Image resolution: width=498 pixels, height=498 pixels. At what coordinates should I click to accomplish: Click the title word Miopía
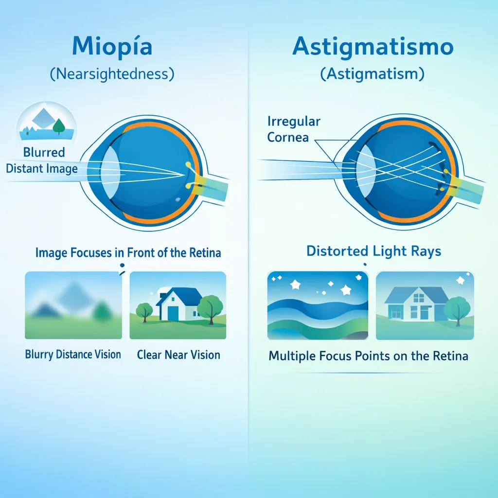point(112,46)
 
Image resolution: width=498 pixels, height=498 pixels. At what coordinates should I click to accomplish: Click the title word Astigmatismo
point(373,48)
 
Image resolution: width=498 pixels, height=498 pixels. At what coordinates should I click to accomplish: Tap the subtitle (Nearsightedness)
point(112,74)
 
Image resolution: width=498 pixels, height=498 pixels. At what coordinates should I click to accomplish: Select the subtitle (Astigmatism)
point(372,74)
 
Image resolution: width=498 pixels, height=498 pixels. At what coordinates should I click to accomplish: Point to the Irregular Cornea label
point(294,129)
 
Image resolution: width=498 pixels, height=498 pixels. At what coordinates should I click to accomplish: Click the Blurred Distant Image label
point(42,160)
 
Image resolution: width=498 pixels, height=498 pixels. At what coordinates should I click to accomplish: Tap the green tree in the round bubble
point(59,126)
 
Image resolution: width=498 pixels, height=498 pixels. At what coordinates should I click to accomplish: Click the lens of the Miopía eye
point(110,172)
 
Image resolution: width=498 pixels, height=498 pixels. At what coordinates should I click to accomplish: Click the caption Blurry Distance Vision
point(73,355)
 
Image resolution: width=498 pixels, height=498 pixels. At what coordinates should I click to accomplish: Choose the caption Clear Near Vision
point(178,355)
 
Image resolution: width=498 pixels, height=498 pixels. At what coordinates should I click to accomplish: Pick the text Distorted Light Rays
point(374,251)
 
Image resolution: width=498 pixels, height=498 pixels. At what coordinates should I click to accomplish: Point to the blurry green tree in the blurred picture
point(102,311)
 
